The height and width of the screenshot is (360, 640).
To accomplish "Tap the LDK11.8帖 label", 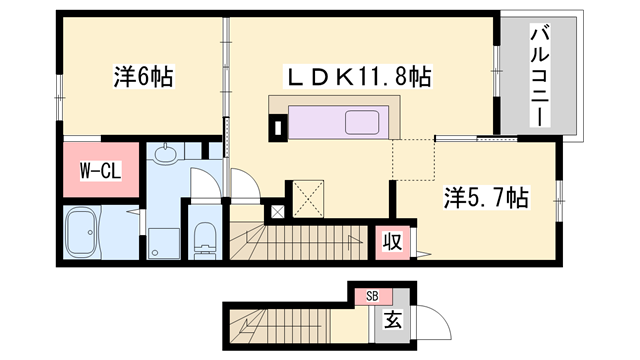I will [359, 75].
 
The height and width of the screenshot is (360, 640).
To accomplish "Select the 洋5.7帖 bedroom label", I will [488, 197].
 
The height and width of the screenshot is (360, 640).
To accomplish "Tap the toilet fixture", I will [205, 237].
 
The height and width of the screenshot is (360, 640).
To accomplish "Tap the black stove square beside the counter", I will [277, 127].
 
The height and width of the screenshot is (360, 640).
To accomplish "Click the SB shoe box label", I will [372, 296].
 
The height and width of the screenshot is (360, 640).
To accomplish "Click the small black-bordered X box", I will [277, 212].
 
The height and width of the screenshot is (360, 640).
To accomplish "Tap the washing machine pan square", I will [162, 237].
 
